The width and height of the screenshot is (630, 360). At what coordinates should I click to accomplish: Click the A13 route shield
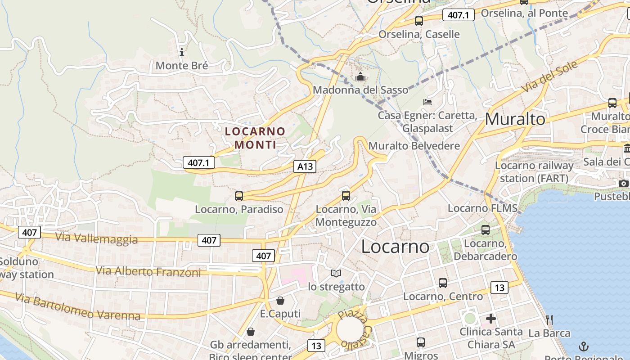305,166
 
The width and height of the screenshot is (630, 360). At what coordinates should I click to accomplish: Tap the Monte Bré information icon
182,52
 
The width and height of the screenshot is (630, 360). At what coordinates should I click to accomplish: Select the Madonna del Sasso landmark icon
360,77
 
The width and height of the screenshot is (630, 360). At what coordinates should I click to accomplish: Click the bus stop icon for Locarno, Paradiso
239,196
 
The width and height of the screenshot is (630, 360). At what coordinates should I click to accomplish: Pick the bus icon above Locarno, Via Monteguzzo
346,196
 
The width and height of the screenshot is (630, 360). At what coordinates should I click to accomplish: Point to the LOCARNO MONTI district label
255,138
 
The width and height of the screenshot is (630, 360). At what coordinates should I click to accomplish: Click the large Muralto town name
515,119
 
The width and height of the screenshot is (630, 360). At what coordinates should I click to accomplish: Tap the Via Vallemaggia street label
96,238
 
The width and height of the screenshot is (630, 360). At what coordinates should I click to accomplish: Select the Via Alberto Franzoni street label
148,271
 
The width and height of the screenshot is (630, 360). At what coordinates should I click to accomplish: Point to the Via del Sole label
549,76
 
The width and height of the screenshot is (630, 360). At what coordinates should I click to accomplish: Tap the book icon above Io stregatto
336,273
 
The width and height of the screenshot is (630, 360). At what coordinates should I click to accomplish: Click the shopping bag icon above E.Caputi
280,300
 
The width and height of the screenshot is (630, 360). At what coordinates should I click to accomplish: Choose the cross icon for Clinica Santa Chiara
491,319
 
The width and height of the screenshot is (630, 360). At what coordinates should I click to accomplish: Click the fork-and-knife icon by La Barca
549,320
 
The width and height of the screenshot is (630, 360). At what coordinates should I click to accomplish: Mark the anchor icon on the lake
584,346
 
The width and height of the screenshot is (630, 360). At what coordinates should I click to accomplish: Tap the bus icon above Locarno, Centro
443,283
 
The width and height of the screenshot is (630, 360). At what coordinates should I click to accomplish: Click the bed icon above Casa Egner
427,102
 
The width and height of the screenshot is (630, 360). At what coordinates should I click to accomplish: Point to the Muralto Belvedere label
414,146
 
